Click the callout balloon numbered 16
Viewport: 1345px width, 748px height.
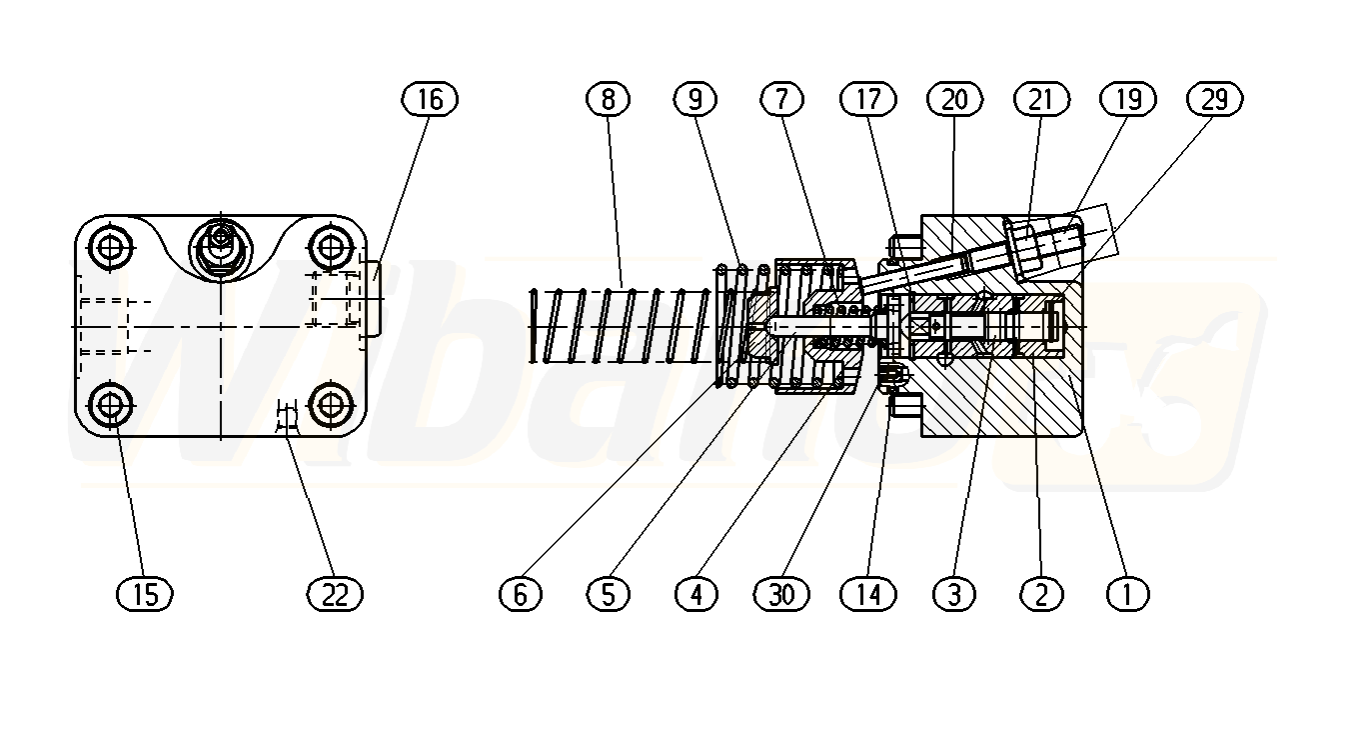(430, 99)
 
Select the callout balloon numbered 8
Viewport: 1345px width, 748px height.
(609, 99)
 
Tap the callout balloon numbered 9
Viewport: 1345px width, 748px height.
(695, 99)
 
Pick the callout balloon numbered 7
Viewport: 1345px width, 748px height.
(781, 99)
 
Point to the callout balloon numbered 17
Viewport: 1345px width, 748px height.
(868, 99)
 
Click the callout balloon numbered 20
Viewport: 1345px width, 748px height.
(954, 99)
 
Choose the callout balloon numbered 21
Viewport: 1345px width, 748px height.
(1041, 99)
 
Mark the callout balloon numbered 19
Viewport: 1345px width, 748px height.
(1128, 99)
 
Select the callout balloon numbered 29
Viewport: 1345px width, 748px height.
(1214, 99)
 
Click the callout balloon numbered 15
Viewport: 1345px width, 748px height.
(145, 594)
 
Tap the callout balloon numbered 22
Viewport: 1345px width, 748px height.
(335, 594)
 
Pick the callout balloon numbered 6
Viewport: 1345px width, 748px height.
(520, 594)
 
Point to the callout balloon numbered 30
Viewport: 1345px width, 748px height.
(781, 594)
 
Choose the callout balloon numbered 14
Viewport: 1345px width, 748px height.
(868, 594)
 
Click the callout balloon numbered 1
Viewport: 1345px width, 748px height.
(1128, 594)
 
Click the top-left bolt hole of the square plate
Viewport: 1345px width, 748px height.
(110, 246)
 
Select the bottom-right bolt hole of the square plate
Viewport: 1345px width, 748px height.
(329, 406)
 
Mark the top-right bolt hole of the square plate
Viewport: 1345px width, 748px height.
(329, 246)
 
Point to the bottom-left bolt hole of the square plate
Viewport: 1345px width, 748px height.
(110, 406)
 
